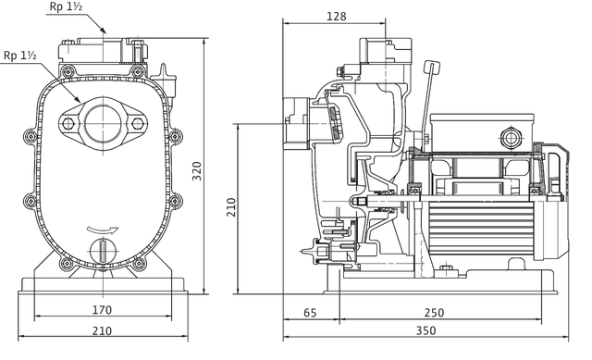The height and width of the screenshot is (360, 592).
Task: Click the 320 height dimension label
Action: [x=197, y=170]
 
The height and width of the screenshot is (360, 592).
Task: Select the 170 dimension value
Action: [x=103, y=310]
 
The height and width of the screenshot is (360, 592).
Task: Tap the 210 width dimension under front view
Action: [x=103, y=331]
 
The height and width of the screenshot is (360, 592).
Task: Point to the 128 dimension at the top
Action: [x=336, y=17]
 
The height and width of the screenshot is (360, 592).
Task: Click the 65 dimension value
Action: [x=310, y=313]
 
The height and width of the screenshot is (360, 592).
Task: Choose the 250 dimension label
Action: [x=434, y=313]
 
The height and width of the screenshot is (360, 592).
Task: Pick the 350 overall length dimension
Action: [x=425, y=330]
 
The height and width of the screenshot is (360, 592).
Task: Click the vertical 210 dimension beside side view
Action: [x=231, y=207]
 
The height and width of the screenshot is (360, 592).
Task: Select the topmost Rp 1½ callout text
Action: [x=66, y=6]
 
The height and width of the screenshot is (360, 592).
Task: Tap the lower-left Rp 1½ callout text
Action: [x=20, y=56]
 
